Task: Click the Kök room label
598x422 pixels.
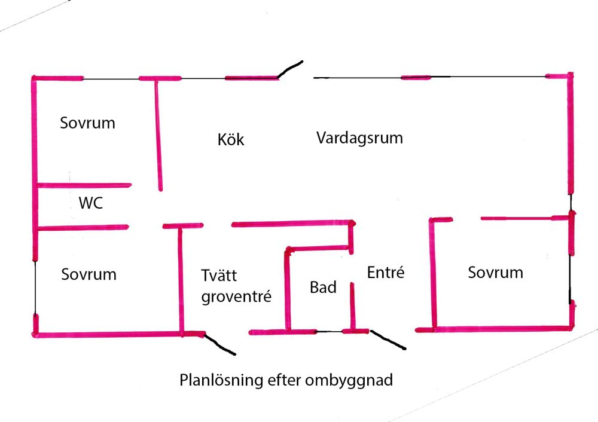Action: pyautogui.click(x=231, y=140)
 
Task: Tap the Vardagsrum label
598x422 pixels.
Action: pyautogui.click(x=359, y=138)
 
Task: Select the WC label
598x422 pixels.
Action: pyautogui.click(x=90, y=203)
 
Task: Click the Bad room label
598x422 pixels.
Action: pyautogui.click(x=323, y=288)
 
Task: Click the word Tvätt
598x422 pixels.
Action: pyautogui.click(x=219, y=276)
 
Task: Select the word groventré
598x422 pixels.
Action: pyautogui.click(x=236, y=296)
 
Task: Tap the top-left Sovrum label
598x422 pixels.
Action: pyautogui.click(x=87, y=123)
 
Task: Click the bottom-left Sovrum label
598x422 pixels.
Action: pyautogui.click(x=89, y=274)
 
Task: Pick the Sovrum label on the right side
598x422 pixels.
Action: pyautogui.click(x=495, y=273)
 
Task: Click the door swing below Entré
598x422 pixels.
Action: pyautogui.click(x=388, y=340)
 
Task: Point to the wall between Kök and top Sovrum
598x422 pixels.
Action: pyautogui.click(x=158, y=134)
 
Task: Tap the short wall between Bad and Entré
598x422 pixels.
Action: pyautogui.click(x=352, y=305)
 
